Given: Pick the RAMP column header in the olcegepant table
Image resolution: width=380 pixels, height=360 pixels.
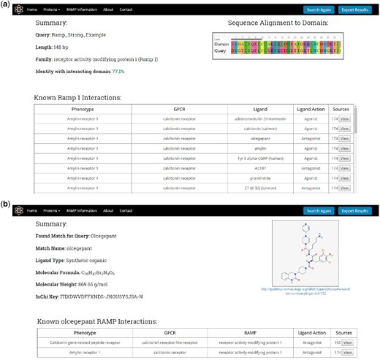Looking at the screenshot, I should pos(243,332).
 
